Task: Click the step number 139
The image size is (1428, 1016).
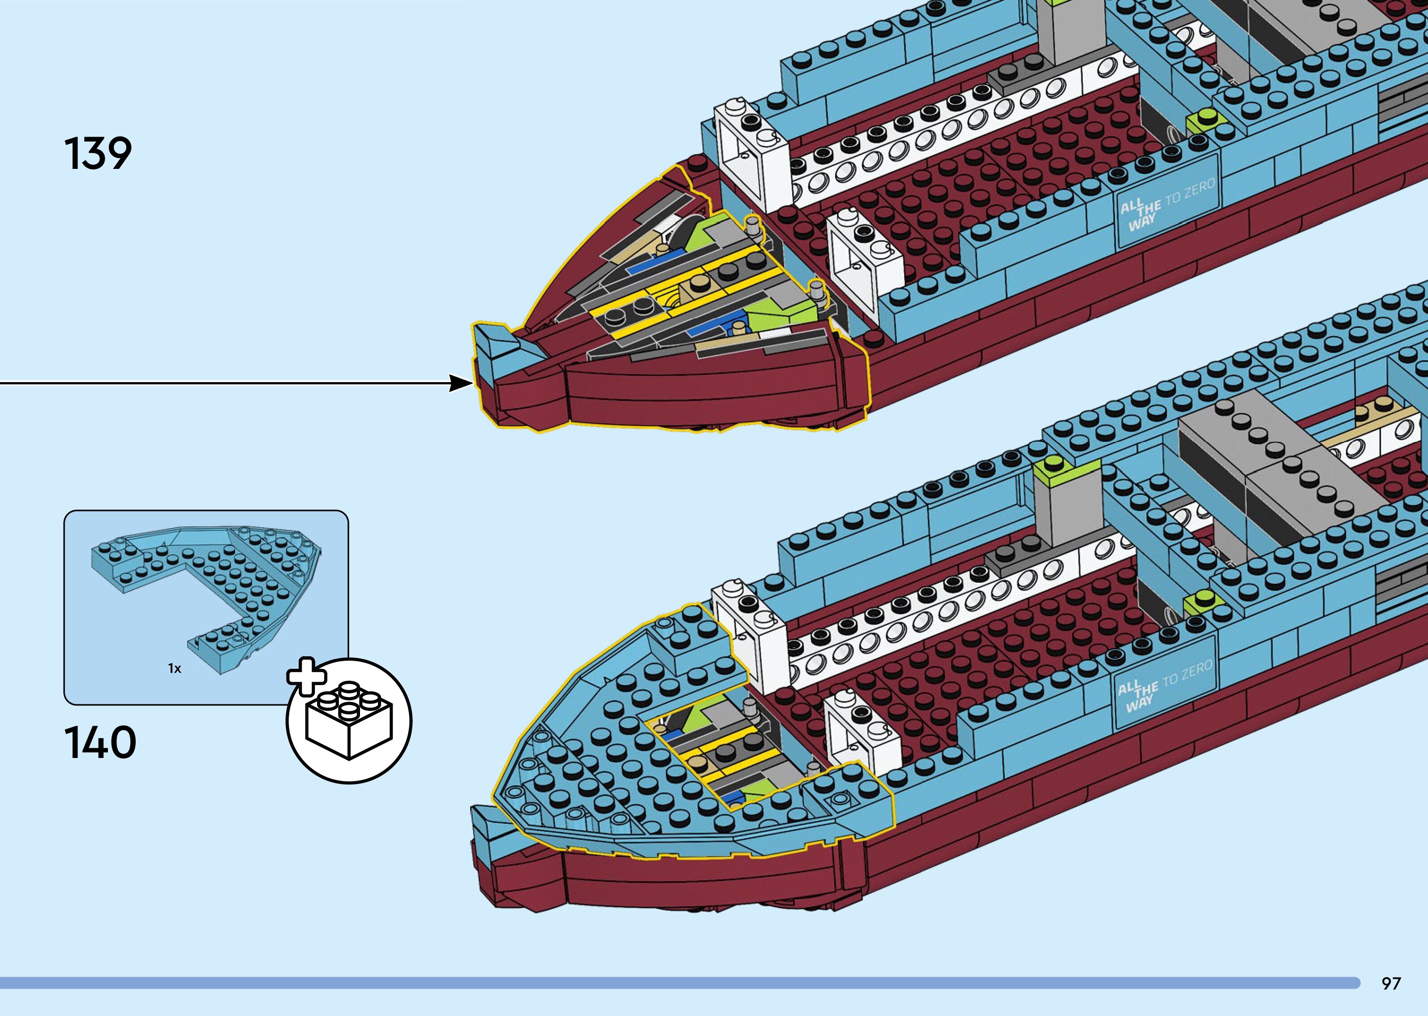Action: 98,153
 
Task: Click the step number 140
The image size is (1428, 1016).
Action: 100,743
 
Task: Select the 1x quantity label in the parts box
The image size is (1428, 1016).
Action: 175,669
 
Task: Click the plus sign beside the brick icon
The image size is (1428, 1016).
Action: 306,676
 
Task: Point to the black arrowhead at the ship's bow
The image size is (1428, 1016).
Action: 461,383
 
